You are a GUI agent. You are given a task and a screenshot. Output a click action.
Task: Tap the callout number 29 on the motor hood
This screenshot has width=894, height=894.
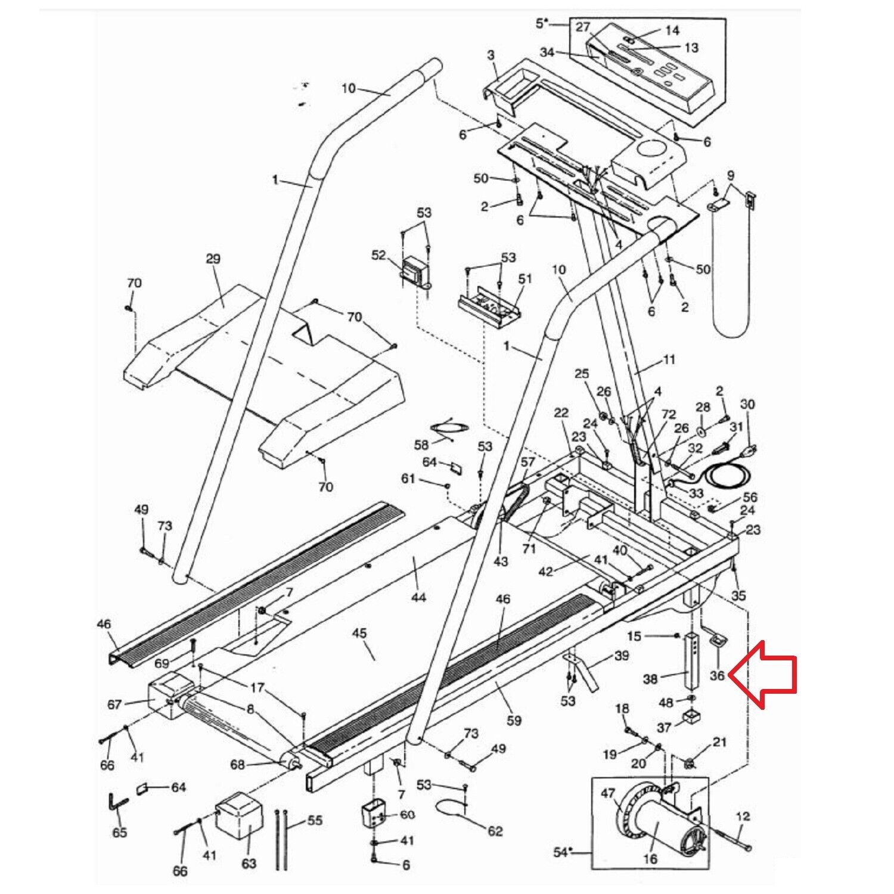tap(213, 259)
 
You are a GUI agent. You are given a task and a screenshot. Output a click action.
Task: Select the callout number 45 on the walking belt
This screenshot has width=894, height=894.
tap(359, 634)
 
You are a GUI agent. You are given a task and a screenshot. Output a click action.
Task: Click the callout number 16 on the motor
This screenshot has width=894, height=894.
tap(650, 858)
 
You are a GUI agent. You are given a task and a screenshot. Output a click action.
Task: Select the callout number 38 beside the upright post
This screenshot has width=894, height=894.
tap(650, 678)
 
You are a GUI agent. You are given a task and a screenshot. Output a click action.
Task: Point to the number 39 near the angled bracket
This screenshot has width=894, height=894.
tap(622, 656)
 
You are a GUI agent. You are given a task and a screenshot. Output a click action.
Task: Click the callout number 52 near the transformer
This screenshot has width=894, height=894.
tap(379, 255)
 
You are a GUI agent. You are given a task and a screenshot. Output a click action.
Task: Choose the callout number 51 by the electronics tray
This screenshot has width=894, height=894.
tap(525, 279)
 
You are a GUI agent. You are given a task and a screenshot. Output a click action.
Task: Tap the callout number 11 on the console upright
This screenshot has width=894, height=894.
tap(669, 359)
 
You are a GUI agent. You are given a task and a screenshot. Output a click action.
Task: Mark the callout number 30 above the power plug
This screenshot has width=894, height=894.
tap(747, 405)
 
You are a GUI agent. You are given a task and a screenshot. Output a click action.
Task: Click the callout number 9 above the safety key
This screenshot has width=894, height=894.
tap(731, 176)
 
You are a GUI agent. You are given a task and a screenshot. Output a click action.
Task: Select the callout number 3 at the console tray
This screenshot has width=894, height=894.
tap(491, 55)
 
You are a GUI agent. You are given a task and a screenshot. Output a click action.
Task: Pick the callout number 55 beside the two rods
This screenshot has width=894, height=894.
tap(315, 821)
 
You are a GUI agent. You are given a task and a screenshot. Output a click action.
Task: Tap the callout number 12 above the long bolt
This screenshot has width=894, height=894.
tap(743, 816)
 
